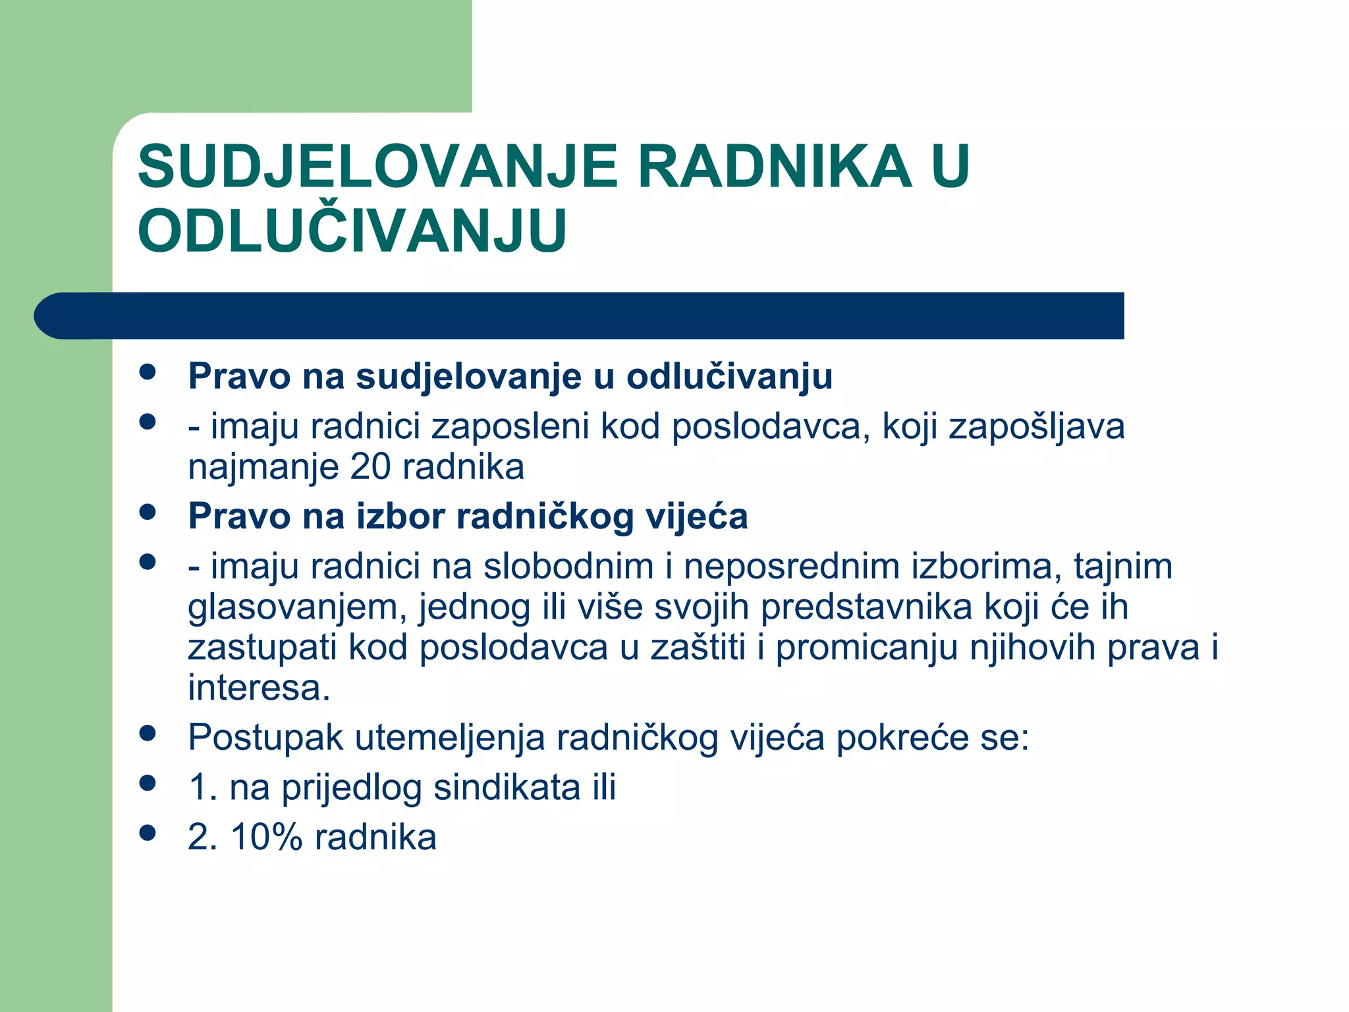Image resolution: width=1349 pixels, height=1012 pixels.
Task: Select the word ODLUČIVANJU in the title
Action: pos(352,231)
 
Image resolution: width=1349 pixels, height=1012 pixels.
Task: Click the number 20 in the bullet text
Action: pos(371,467)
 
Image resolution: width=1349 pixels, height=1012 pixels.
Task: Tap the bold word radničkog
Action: pos(545,516)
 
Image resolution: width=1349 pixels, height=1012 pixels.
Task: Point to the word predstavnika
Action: pos(866,607)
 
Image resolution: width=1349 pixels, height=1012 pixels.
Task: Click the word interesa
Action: pos(258,689)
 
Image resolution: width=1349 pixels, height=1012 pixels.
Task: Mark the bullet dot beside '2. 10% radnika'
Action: pos(148,833)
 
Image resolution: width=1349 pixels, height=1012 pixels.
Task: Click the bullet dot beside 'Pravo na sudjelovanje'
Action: pos(148,372)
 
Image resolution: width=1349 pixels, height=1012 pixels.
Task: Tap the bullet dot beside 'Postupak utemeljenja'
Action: pos(148,733)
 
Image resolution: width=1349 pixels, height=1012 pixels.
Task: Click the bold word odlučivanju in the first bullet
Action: pos(729,377)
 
